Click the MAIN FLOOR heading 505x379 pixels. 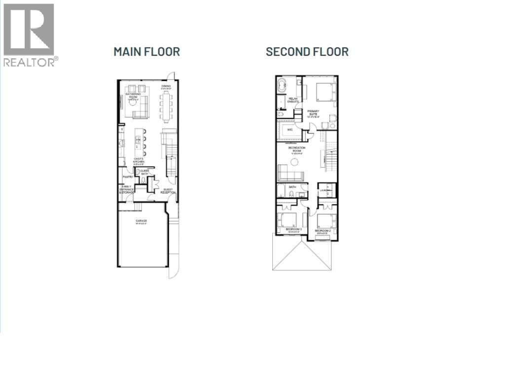[146, 51]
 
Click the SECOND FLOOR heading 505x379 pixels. [307, 51]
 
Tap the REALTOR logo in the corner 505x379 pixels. [29, 35]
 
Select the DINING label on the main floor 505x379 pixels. [166, 86]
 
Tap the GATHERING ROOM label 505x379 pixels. [133, 95]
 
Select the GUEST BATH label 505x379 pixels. [144, 172]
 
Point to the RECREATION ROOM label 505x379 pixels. [297, 150]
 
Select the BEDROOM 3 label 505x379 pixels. [293, 230]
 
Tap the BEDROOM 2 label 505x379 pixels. [323, 230]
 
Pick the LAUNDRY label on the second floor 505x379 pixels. [324, 189]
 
